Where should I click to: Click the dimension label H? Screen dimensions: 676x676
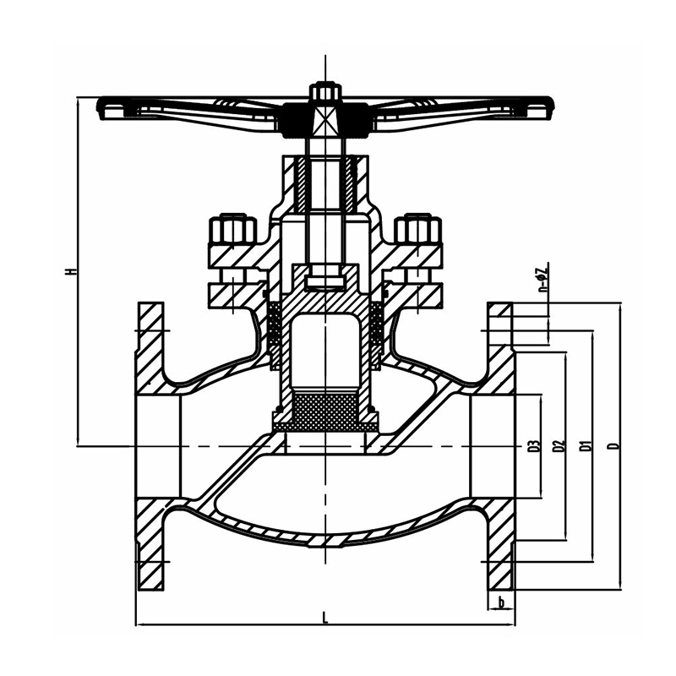[x=73, y=272]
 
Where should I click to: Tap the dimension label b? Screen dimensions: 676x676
[x=502, y=602]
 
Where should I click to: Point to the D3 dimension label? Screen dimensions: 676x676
[x=534, y=445]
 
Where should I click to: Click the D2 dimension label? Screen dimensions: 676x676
[x=558, y=445]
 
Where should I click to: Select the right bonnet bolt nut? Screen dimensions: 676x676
[x=417, y=231]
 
